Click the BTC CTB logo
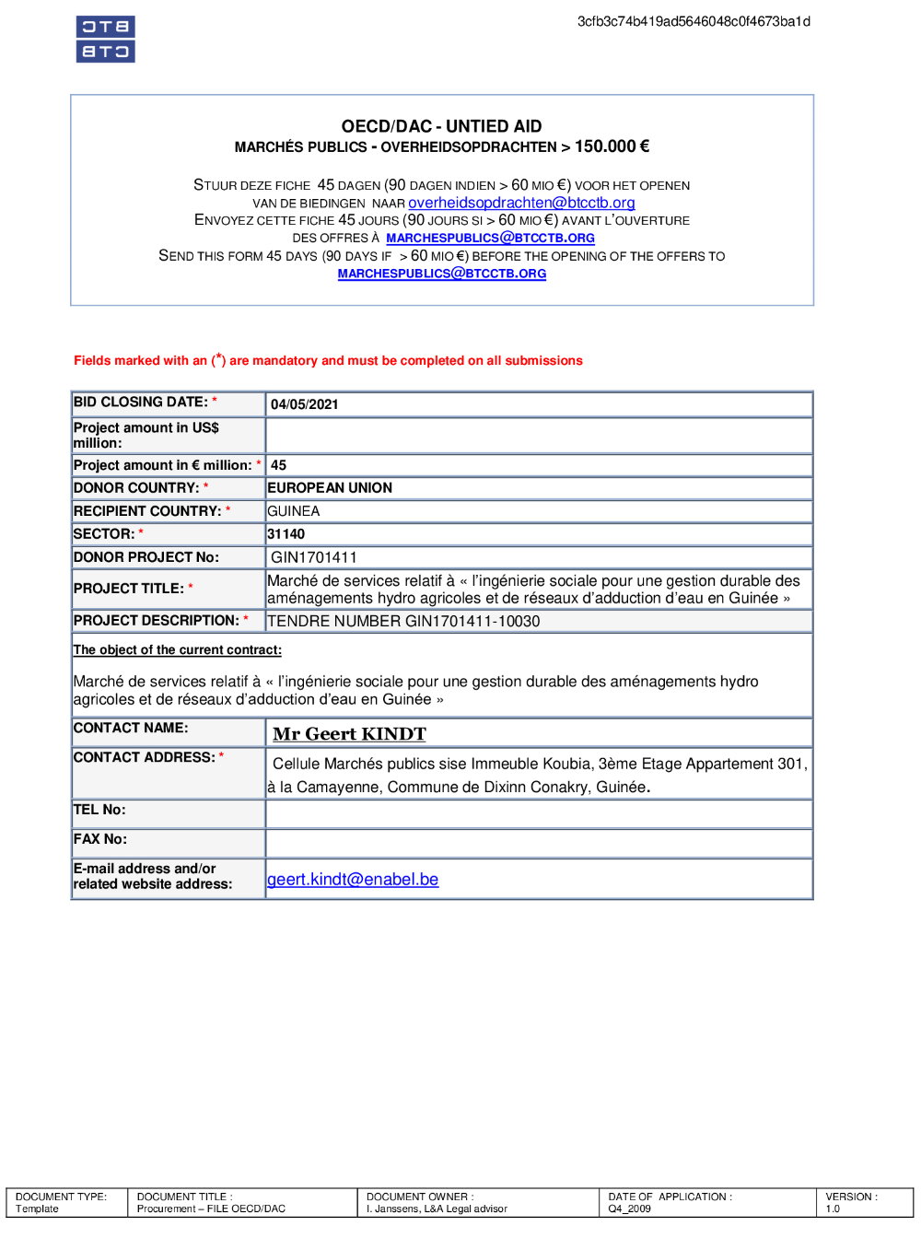(105, 40)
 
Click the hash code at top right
(694, 22)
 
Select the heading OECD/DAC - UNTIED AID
(441, 126)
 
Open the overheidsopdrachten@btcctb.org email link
(521, 203)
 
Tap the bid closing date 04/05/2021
(305, 404)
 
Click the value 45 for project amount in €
(279, 466)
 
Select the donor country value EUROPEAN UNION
(330, 488)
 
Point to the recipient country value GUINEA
(294, 511)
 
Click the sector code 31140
(286, 534)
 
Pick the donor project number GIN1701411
(314, 557)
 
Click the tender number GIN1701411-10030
(403, 622)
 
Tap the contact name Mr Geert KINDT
(349, 734)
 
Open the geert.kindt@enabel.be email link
(353, 880)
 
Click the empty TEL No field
(539, 814)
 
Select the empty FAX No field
(539, 843)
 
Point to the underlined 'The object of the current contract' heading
(178, 650)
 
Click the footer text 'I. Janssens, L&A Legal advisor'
(437, 1209)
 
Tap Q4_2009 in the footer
(629, 1209)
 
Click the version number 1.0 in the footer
(833, 1209)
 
